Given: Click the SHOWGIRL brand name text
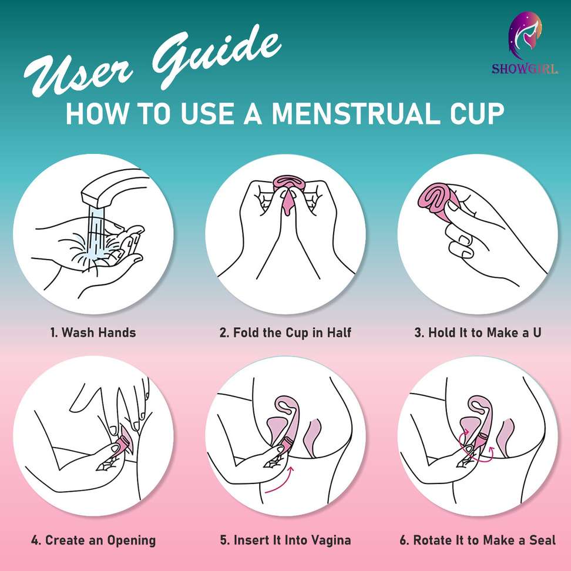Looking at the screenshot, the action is tap(525, 69).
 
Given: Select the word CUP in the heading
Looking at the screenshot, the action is tap(477, 113).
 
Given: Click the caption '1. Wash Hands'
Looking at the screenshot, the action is tap(93, 332).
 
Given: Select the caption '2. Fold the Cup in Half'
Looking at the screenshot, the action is tap(285, 332).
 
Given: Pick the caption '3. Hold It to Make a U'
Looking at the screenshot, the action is tap(478, 332).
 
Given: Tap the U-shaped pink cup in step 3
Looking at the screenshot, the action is tap(438, 199).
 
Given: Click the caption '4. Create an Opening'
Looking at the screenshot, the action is tap(93, 540).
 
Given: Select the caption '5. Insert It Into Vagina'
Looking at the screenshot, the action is tap(285, 540).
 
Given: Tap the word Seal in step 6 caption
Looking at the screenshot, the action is tap(543, 540).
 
